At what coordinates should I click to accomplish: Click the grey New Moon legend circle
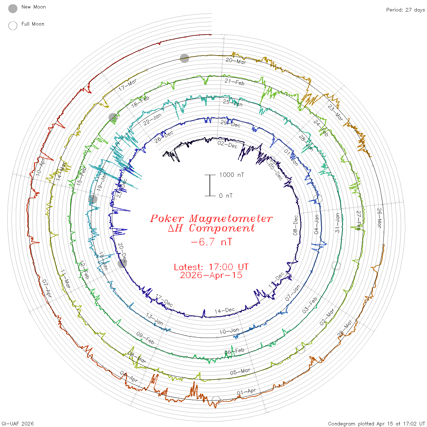click(x=13, y=9)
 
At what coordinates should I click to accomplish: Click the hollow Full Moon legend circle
click(x=13, y=26)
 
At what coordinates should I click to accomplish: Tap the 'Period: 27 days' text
click(x=405, y=10)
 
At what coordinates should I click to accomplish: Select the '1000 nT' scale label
click(x=231, y=175)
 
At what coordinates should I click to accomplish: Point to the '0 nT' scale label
click(x=226, y=196)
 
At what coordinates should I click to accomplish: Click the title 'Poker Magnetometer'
click(x=211, y=218)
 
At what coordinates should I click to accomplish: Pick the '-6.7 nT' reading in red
click(x=211, y=242)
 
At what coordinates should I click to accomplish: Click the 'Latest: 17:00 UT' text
click(x=211, y=267)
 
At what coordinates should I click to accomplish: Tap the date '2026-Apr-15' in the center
click(x=211, y=275)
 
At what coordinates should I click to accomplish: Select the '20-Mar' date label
click(x=236, y=61)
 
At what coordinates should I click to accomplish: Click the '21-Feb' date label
click(x=235, y=82)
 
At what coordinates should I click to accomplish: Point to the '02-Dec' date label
click(x=228, y=144)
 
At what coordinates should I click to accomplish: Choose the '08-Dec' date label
click(x=295, y=225)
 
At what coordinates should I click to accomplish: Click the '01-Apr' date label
click(x=246, y=392)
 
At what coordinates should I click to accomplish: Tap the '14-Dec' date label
click(x=225, y=310)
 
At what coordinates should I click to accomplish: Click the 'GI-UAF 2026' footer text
click(x=18, y=424)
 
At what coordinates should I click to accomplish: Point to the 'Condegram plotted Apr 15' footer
click(x=376, y=424)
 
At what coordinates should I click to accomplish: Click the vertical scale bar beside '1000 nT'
click(x=210, y=185)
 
